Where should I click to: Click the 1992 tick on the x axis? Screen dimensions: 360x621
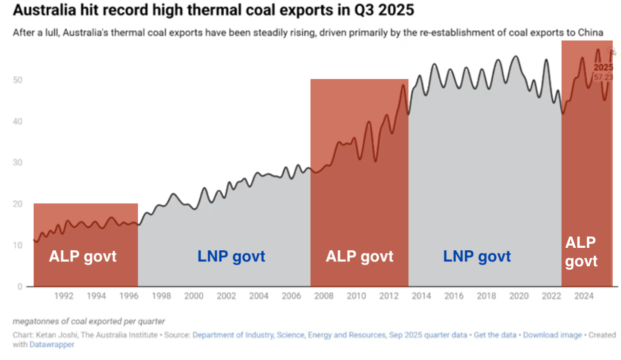coord(64,296)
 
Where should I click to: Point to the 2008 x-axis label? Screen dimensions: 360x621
coord(324,296)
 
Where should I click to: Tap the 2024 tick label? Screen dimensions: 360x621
coord(583,296)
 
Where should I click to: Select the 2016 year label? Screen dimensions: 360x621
coord(454,296)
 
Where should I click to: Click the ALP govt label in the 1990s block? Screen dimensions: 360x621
coord(83,256)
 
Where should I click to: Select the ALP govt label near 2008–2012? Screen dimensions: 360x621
coord(360,256)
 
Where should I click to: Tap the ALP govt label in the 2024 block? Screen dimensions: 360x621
coord(581,252)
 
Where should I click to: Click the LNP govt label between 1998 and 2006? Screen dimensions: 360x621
coord(231,256)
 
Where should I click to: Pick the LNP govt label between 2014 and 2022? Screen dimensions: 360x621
coord(477,256)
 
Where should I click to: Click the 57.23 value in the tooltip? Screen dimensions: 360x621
coord(603,77)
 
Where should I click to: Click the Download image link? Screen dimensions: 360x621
coord(552,335)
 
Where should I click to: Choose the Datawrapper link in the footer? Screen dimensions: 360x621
coord(52,344)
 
